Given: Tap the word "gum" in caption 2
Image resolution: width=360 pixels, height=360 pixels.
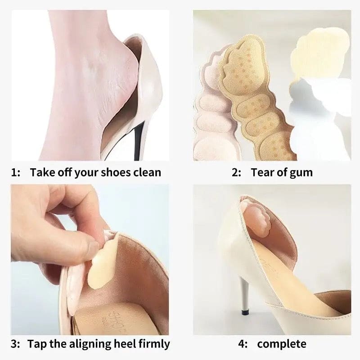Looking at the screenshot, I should point(301,172).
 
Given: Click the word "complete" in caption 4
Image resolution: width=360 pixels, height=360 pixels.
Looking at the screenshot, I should point(282,344).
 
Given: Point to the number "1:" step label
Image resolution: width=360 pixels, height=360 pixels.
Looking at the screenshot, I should point(16,172).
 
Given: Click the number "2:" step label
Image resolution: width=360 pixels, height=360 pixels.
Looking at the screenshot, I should point(237,172).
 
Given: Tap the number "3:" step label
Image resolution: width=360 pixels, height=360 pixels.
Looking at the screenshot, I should point(16,344).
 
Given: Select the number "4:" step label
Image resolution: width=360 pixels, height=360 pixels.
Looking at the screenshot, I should point(243,344).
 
